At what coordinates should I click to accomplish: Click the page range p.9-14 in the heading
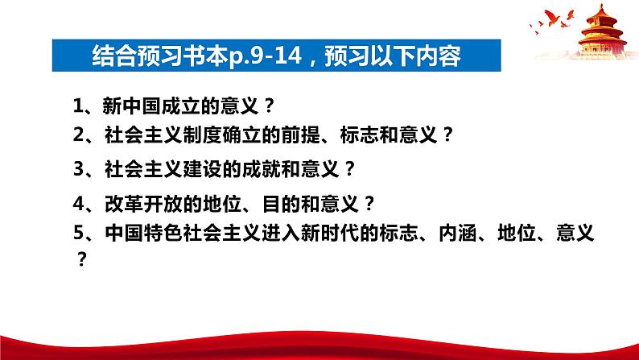click(265, 56)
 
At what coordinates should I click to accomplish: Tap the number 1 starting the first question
click(78, 106)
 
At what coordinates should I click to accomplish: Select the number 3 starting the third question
click(78, 169)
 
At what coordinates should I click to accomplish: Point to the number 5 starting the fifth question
click(78, 233)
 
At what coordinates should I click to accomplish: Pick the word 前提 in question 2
click(301, 134)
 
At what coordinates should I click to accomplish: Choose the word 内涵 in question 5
click(458, 233)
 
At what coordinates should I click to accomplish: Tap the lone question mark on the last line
click(82, 259)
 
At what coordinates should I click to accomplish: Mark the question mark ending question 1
click(269, 106)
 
